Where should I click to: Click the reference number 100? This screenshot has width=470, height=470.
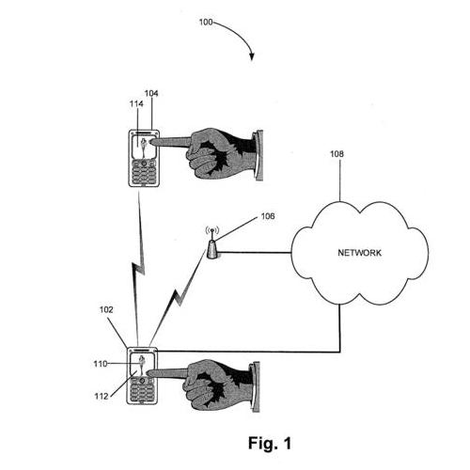[206, 23]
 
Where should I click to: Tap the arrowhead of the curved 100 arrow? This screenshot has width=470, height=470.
[252, 56]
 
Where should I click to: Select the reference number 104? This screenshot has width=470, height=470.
[151, 93]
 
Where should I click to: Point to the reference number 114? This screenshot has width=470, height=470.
[136, 103]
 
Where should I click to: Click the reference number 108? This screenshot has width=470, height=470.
[337, 154]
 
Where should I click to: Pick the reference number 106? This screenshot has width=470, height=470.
[268, 216]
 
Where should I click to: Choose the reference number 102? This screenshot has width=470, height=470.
[106, 309]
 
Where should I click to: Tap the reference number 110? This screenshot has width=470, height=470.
[101, 364]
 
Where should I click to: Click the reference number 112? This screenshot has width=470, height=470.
[102, 397]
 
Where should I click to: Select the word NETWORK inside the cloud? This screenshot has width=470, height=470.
[360, 253]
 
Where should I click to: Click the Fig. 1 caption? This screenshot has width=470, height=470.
[270, 443]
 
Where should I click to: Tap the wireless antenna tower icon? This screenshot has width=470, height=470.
[212, 244]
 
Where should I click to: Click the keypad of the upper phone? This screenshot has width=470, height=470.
[144, 172]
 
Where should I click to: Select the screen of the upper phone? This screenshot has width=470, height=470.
[144, 147]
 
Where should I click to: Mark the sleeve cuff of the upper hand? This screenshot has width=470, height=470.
[258, 155]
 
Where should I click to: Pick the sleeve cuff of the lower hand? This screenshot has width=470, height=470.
[255, 387]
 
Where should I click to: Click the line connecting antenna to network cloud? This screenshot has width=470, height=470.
[256, 252]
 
